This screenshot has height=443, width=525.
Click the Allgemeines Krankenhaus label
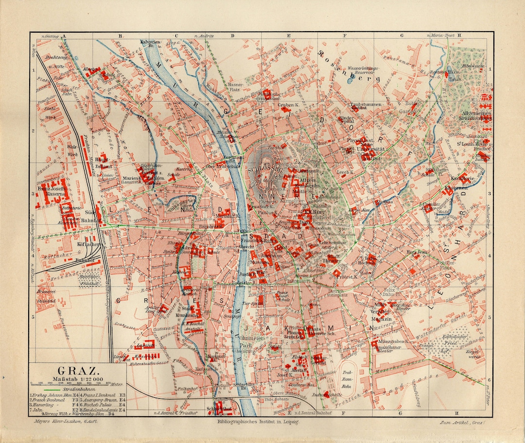[x=476, y=115]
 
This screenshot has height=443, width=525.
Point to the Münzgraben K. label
[x=392, y=342]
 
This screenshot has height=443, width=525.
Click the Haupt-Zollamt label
[x=102, y=163]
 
